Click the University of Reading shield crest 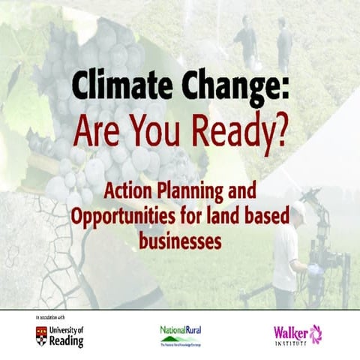coord(42,334)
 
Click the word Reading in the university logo coord(67,341)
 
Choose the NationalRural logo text coord(181,330)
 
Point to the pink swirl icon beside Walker coord(316,332)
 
